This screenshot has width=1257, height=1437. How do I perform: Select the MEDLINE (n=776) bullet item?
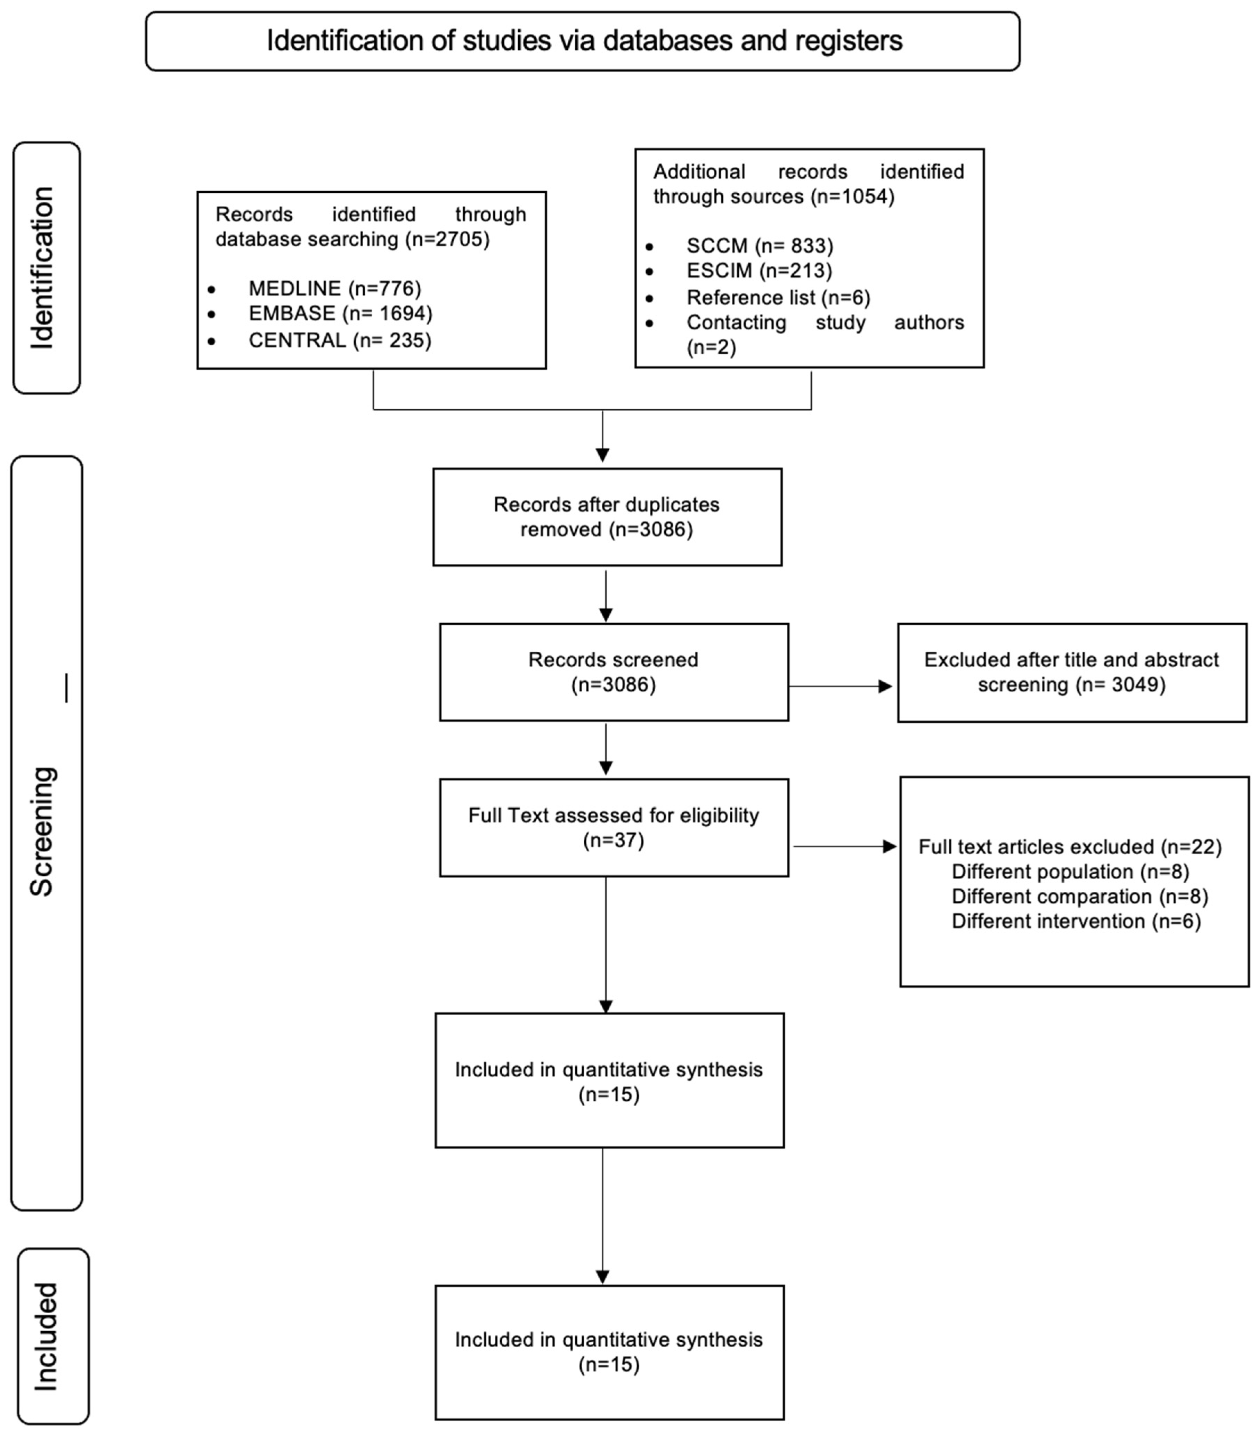pos(335,288)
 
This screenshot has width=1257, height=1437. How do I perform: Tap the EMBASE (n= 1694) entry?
pos(340,313)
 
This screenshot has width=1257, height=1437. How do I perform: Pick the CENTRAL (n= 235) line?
pos(340,340)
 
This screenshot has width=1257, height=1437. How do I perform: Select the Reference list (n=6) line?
pos(778,297)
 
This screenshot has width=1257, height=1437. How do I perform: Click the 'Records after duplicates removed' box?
pos(607,517)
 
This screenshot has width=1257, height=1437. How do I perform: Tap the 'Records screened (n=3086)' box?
pos(614,672)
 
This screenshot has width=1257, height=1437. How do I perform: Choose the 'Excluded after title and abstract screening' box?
pos(1072,672)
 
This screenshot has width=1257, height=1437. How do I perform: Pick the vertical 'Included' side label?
pos(46,1336)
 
